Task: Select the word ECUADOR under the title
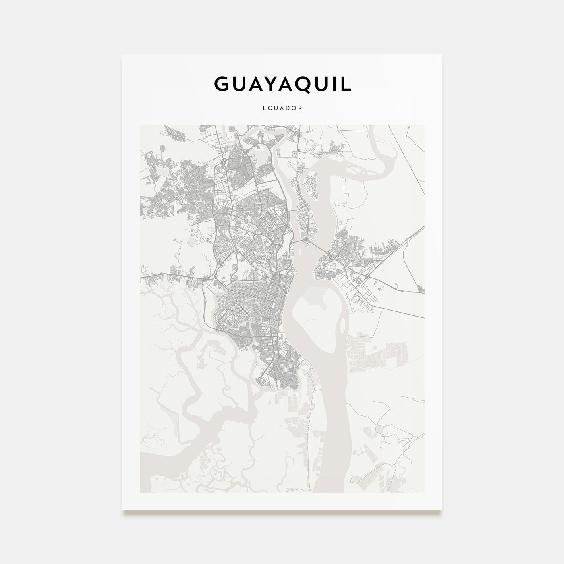coord(282,108)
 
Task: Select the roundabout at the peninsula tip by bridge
coord(307,243)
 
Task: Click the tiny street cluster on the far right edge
coord(421,289)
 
